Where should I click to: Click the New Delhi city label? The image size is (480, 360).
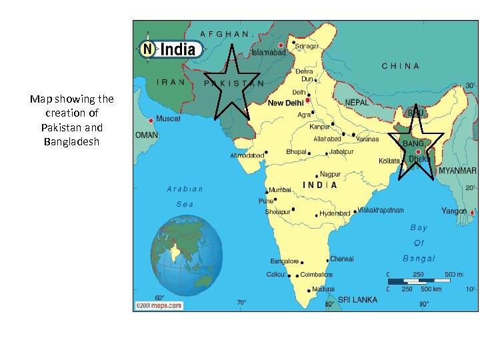click(285, 104)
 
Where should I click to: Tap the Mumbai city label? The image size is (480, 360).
click(280, 190)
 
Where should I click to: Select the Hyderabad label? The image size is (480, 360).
click(335, 213)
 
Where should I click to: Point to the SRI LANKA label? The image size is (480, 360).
click(357, 300)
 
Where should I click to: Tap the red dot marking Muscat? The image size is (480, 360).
click(151, 121)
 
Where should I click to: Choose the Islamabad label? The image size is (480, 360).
click(269, 51)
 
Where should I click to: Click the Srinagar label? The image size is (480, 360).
click(307, 46)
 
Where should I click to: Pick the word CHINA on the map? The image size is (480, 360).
click(400, 67)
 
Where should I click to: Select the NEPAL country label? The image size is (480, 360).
click(357, 103)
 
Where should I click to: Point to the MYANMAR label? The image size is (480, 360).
click(457, 171)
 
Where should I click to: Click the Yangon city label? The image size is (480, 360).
click(454, 211)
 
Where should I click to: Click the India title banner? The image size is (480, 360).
click(170, 49)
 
